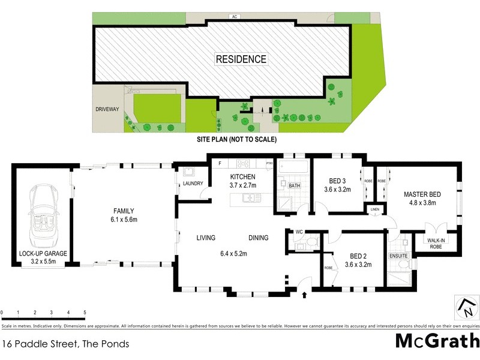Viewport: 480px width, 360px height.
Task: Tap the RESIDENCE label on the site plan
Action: click(x=241, y=59)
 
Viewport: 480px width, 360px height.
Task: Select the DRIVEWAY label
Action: click(x=107, y=109)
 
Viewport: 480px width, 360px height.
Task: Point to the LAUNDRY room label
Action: click(x=193, y=184)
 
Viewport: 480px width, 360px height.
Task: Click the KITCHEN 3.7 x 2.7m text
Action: click(x=243, y=181)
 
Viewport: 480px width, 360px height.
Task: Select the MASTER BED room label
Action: click(x=422, y=197)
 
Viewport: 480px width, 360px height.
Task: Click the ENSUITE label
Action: click(x=398, y=256)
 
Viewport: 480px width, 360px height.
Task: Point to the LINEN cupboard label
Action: click(x=375, y=209)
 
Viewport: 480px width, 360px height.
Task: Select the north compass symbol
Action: click(x=466, y=307)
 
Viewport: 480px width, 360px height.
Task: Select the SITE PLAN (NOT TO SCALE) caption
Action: click(x=236, y=139)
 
